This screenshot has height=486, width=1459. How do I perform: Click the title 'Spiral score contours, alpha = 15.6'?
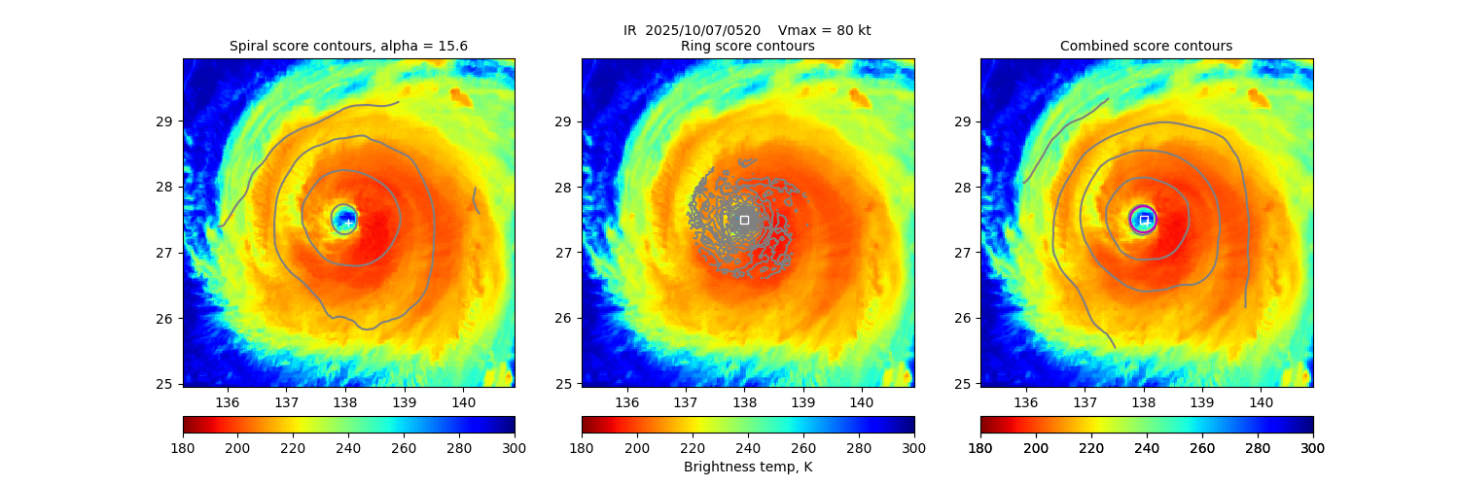click(x=348, y=46)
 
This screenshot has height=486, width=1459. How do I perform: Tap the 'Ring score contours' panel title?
click(x=747, y=46)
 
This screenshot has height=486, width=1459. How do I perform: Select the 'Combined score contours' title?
click(x=1146, y=46)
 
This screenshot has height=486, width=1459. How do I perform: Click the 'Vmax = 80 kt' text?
click(x=825, y=30)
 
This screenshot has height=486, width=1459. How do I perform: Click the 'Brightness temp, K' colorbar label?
click(x=747, y=467)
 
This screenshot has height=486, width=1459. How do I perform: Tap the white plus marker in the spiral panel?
click(x=348, y=223)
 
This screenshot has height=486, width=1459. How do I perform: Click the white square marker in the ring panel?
click(x=744, y=220)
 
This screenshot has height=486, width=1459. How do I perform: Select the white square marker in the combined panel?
click(x=1144, y=220)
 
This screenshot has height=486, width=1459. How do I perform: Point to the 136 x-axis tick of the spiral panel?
click(x=228, y=401)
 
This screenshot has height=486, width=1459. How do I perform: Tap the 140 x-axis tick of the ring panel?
click(x=861, y=401)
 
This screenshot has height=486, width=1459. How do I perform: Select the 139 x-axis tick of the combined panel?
click(x=1202, y=401)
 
